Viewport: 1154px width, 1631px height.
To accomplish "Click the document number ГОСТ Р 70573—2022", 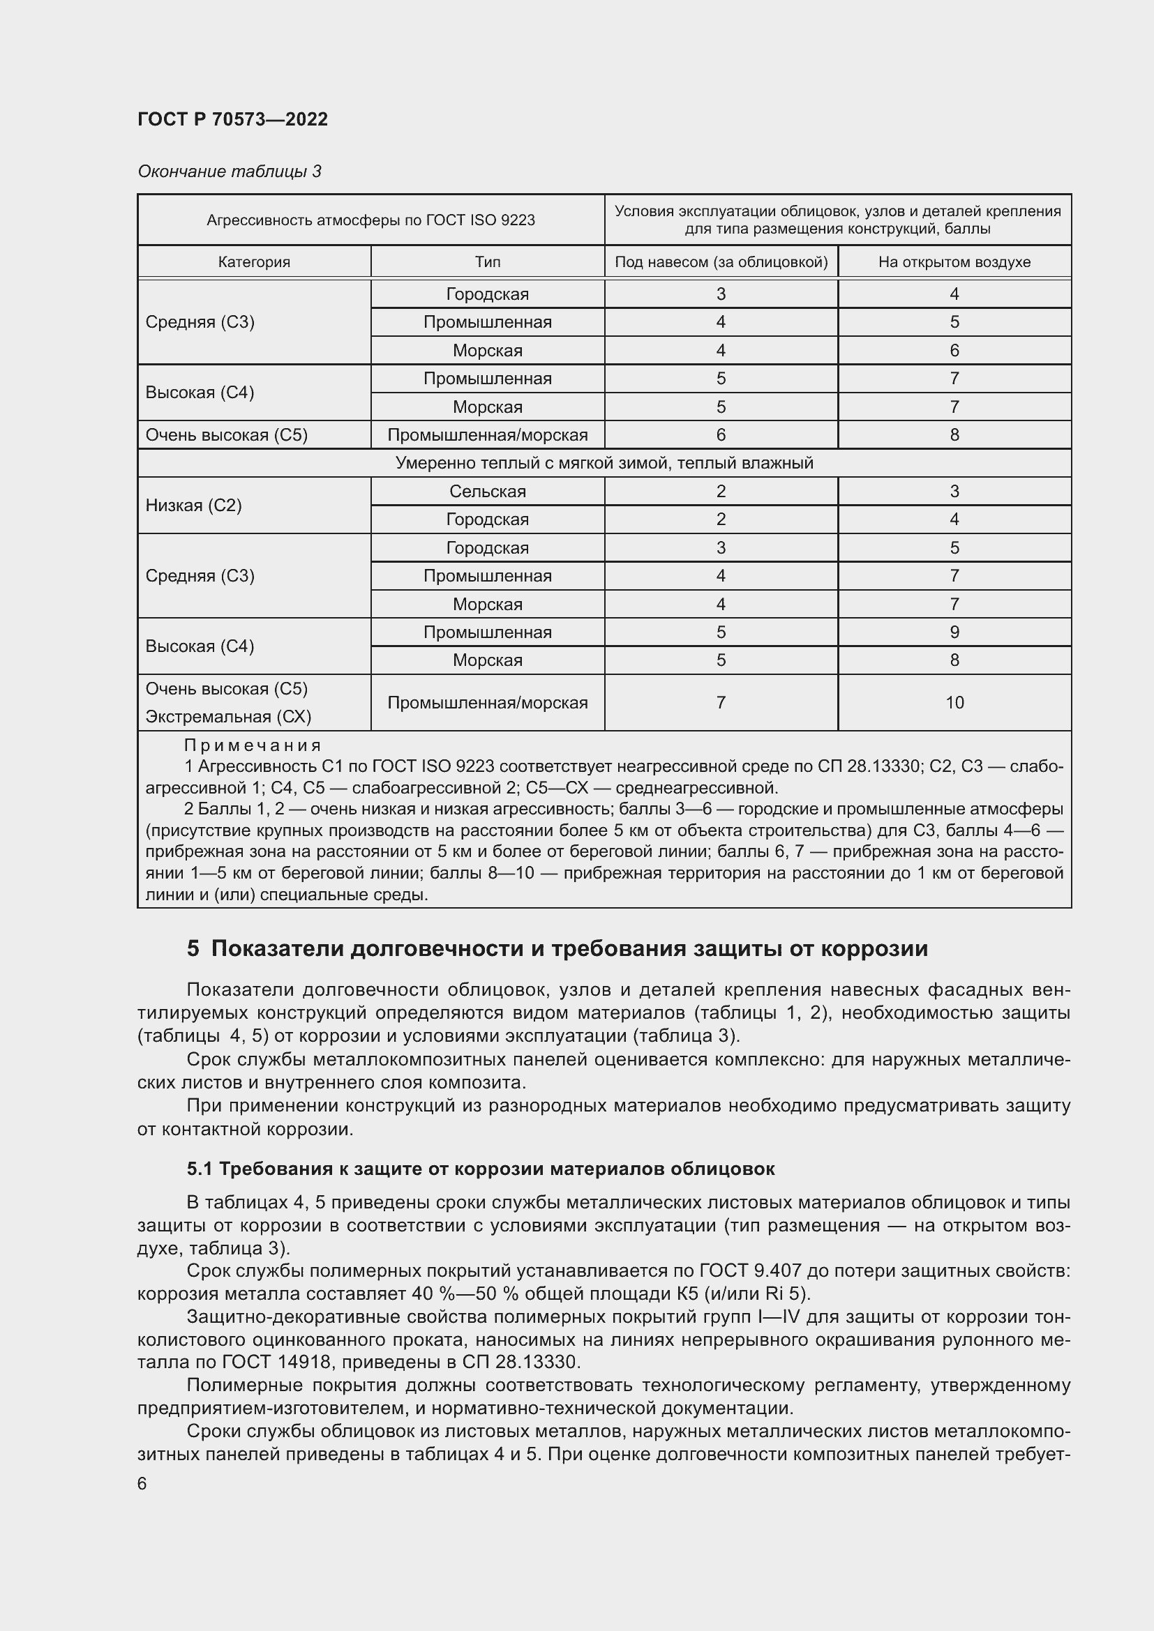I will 232,119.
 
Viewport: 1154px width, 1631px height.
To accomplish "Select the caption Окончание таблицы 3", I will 229,172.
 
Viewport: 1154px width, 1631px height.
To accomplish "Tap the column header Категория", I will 254,261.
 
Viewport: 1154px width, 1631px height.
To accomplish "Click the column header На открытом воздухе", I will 954,261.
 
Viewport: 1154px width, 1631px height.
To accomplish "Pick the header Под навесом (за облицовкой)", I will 721,261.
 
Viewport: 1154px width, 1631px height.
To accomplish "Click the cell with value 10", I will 954,703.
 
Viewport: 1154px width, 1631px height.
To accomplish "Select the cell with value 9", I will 954,632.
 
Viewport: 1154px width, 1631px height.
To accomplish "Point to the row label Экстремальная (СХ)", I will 228,717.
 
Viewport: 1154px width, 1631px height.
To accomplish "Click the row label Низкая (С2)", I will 193,505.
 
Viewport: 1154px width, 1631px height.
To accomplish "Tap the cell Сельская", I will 488,491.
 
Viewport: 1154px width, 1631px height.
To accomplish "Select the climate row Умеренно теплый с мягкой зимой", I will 604,463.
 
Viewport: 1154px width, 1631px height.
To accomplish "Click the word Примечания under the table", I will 253,745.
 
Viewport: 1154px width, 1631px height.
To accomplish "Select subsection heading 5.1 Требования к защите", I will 480,1169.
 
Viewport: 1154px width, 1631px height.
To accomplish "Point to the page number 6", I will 142,1483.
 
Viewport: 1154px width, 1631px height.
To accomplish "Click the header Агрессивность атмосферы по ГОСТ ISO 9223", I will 370,220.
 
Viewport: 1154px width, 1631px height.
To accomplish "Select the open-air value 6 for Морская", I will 954,350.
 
